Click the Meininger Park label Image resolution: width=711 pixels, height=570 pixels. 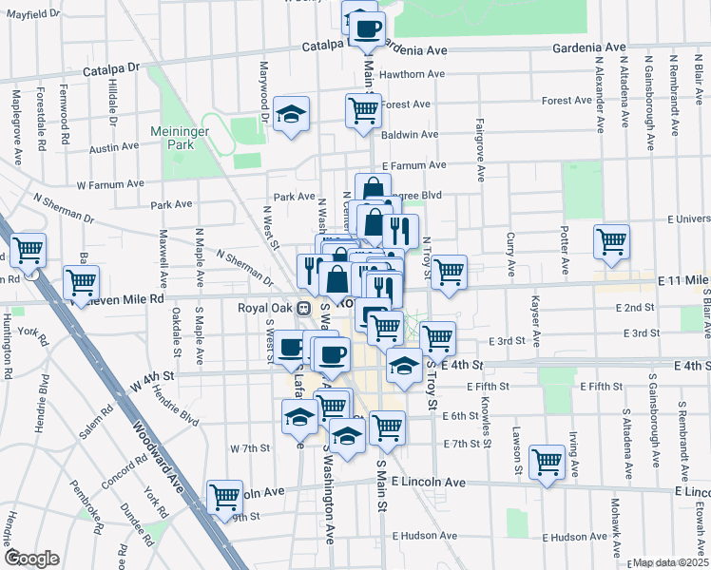click(171, 138)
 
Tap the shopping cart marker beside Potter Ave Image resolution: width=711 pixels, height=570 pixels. click(611, 240)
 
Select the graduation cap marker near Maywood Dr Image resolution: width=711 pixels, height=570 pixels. click(291, 115)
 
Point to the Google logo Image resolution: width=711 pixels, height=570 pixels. click(31, 559)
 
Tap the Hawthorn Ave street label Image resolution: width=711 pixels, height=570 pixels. click(412, 74)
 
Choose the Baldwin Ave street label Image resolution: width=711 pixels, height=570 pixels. click(409, 135)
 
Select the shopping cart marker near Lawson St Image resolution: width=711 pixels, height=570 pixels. click(547, 463)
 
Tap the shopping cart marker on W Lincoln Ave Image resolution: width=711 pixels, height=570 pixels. click(224, 495)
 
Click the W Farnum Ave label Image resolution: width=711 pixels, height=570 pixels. click(110, 183)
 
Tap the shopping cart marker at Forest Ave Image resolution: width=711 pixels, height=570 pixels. click(363, 109)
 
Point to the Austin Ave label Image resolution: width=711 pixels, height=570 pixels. click(113, 149)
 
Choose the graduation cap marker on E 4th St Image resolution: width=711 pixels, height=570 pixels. click(405, 366)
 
